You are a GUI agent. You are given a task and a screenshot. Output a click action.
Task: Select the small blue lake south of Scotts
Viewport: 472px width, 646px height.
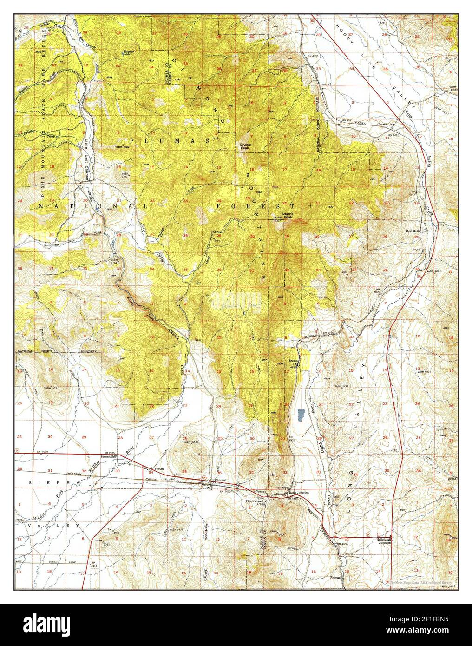click(301, 415)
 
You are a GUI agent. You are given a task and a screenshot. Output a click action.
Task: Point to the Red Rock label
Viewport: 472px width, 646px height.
click(413, 231)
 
